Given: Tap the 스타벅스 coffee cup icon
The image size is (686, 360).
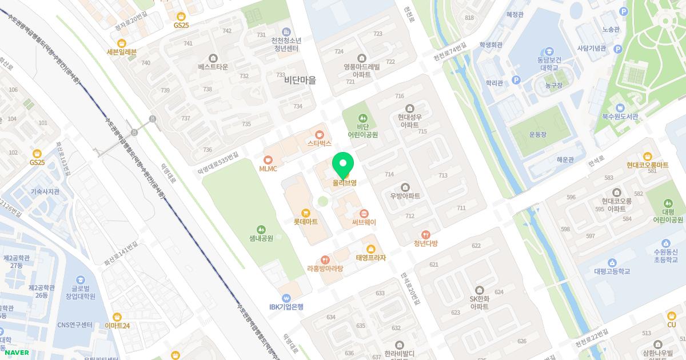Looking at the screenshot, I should [x=320, y=134].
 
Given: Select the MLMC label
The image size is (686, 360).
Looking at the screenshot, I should [x=268, y=169].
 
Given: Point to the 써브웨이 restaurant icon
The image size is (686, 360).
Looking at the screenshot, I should [x=356, y=214].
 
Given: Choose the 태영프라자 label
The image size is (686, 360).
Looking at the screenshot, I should [x=371, y=258].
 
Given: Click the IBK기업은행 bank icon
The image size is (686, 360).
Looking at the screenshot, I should [x=286, y=298].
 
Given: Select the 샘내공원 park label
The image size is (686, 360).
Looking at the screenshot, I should [x=261, y=238].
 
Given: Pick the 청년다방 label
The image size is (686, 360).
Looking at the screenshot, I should [x=425, y=243].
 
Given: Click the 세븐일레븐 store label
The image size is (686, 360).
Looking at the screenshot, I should [x=122, y=52].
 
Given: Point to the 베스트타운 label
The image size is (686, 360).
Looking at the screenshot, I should [x=213, y=67].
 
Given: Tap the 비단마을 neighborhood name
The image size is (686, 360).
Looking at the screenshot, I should [x=300, y=81].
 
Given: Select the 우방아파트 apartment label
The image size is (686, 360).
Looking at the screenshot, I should [x=405, y=196].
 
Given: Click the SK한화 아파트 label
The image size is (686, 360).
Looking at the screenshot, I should [x=479, y=302].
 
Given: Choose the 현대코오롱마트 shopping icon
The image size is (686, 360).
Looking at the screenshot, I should [x=647, y=156].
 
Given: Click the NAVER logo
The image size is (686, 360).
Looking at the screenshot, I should [x=14, y=353].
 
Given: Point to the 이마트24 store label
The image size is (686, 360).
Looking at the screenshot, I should [x=117, y=326].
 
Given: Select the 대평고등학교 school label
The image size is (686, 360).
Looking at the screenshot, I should [x=612, y=271].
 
